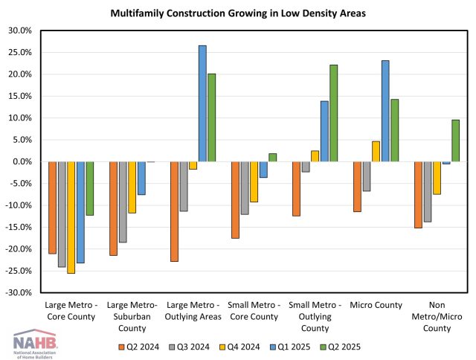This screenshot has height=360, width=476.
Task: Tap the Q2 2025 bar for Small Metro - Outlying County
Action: [x=334, y=113]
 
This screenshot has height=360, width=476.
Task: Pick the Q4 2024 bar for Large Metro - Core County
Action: [x=71, y=217]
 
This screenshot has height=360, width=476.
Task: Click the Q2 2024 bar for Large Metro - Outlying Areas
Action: [x=174, y=211]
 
